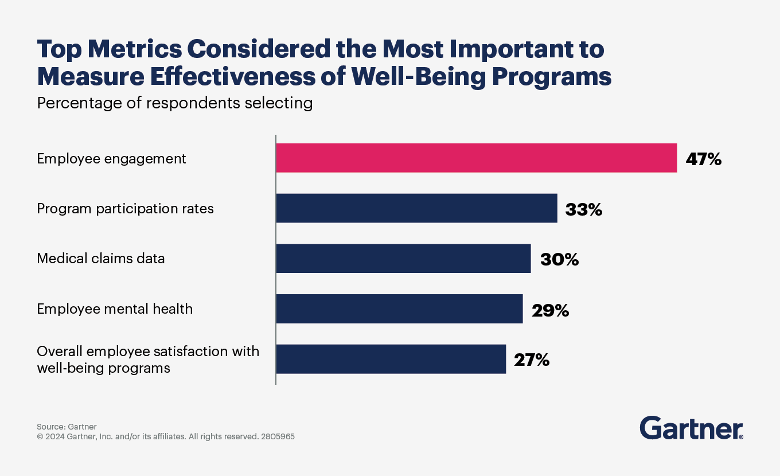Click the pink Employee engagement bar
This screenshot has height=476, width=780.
coord(476,158)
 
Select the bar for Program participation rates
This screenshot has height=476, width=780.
coord(416,208)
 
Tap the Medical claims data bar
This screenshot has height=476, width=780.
coord(403,258)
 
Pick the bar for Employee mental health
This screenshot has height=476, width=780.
coord(399,309)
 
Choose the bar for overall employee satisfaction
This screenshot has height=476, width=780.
coord(391,359)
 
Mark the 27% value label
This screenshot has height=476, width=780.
coord(532,360)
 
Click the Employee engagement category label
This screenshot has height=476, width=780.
coord(111,159)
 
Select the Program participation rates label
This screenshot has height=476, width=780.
coord(125,209)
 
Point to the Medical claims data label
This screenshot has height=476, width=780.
coord(100,259)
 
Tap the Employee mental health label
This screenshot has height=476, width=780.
coord(115,309)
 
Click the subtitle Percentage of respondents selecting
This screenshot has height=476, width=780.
coord(174,103)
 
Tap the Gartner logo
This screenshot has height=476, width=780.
coord(691,428)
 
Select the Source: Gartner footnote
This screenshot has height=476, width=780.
coord(67,427)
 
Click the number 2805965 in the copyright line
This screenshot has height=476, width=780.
coord(278,436)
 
